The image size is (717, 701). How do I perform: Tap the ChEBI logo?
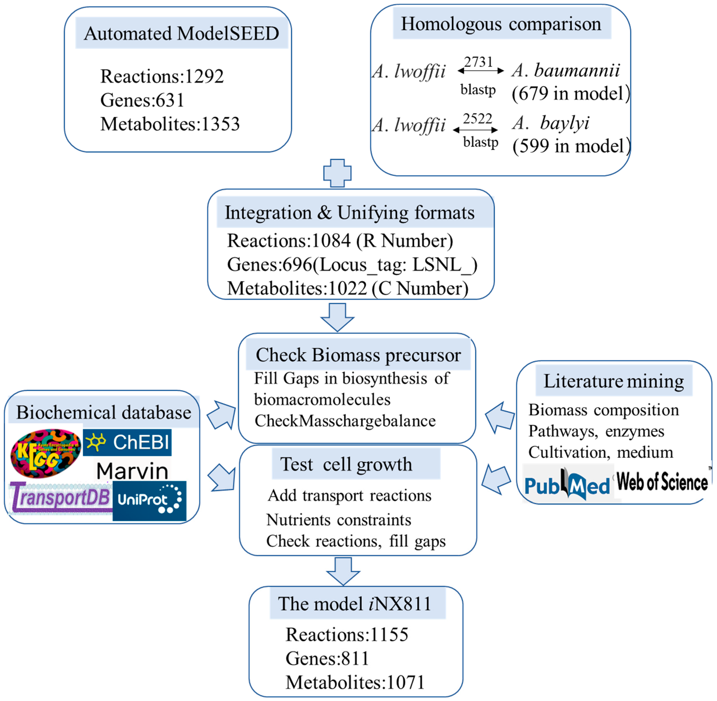pyautogui.click(x=127, y=442)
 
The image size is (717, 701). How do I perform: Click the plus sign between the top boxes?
pyautogui.click(x=337, y=173)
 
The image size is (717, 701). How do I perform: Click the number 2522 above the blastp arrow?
pyautogui.click(x=478, y=118)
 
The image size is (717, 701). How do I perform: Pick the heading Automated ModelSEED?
pyautogui.click(x=181, y=34)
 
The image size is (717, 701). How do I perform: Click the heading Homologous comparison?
pyautogui.click(x=501, y=24)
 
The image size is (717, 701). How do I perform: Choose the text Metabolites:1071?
pyautogui.click(x=355, y=682)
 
